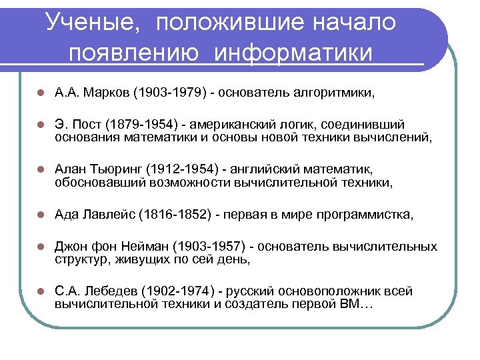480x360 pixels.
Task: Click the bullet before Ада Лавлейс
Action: (41, 215)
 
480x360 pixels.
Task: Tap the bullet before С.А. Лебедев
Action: (41, 292)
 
